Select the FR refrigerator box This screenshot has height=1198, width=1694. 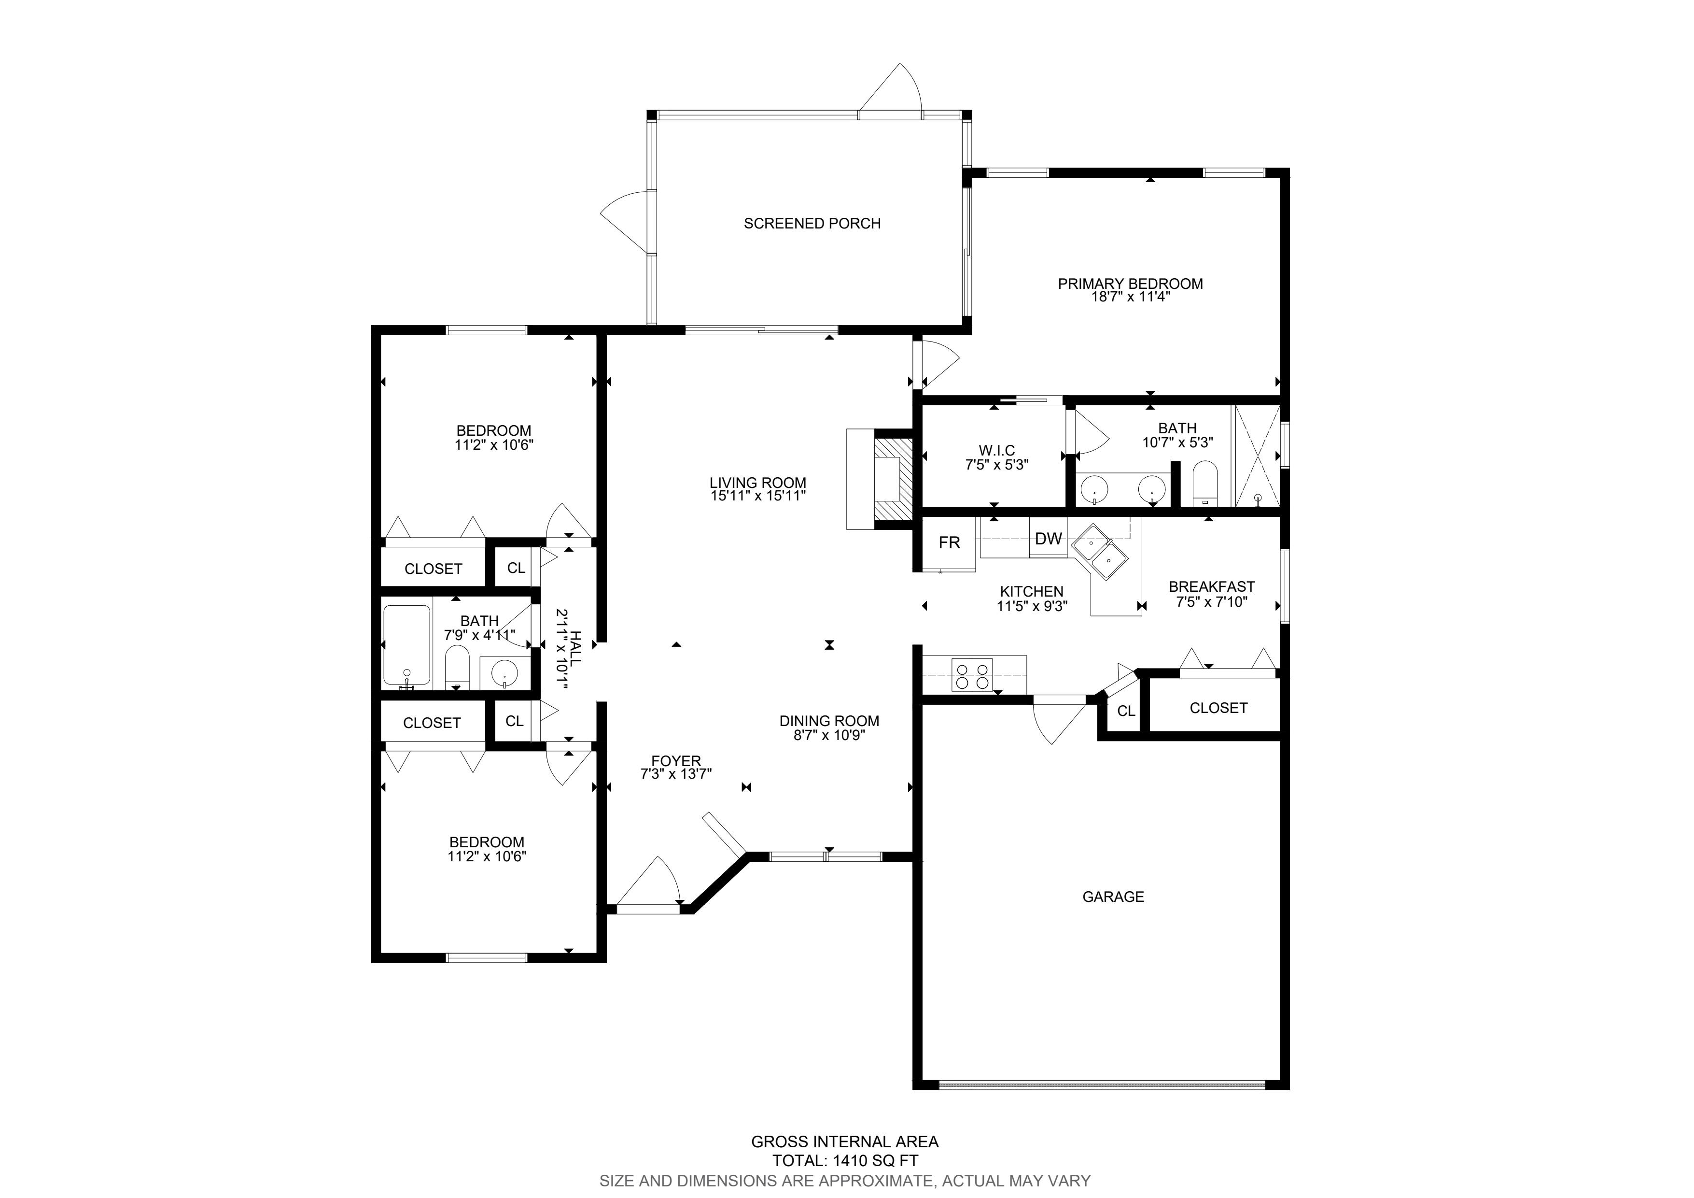coord(950,543)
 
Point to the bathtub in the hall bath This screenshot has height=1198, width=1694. coord(406,646)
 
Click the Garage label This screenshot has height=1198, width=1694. coord(1113,897)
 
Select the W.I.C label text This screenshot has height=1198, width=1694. coord(997,450)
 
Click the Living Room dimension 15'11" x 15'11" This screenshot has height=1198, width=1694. coord(758,496)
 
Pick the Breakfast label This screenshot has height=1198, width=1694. coord(1211,587)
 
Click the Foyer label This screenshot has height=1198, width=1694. coord(676,761)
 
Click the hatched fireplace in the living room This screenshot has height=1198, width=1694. coord(894,480)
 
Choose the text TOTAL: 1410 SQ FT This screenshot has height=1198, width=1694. coord(845,1160)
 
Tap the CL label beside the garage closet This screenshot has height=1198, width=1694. coord(1126,711)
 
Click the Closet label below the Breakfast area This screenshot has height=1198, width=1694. coord(1218,708)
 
